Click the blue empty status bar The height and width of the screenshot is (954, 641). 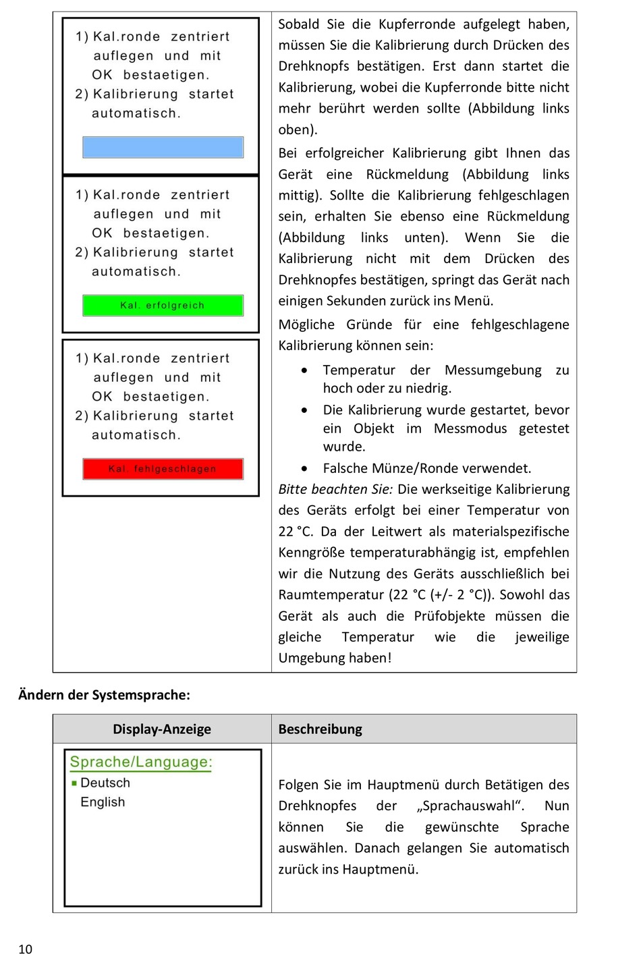pos(163,147)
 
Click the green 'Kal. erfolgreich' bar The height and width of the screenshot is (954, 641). pos(163,306)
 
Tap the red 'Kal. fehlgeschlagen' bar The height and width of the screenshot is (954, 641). pos(163,469)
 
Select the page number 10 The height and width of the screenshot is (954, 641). pos(25,949)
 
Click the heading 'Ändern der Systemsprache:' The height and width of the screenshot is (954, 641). pos(104,695)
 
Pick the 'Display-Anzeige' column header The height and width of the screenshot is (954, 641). pos(162,729)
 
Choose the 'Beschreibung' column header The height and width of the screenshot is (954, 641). pos(320,729)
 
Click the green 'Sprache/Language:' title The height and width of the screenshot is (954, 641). pos(141,762)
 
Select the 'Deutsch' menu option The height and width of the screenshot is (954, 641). pos(105,783)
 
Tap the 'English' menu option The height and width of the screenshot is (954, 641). pos(103,802)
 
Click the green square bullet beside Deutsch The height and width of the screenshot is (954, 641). pos(74,783)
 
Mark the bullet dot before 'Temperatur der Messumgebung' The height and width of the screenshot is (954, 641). pos(305,370)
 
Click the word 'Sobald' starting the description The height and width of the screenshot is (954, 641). pos(298,24)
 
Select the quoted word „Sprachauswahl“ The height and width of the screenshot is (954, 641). pos(470,806)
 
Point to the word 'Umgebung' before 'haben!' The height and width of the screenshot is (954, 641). pos(308,658)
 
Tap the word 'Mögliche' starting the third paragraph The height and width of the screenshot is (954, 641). pos(306,325)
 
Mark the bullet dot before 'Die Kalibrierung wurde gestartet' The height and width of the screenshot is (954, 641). pos(305,410)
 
